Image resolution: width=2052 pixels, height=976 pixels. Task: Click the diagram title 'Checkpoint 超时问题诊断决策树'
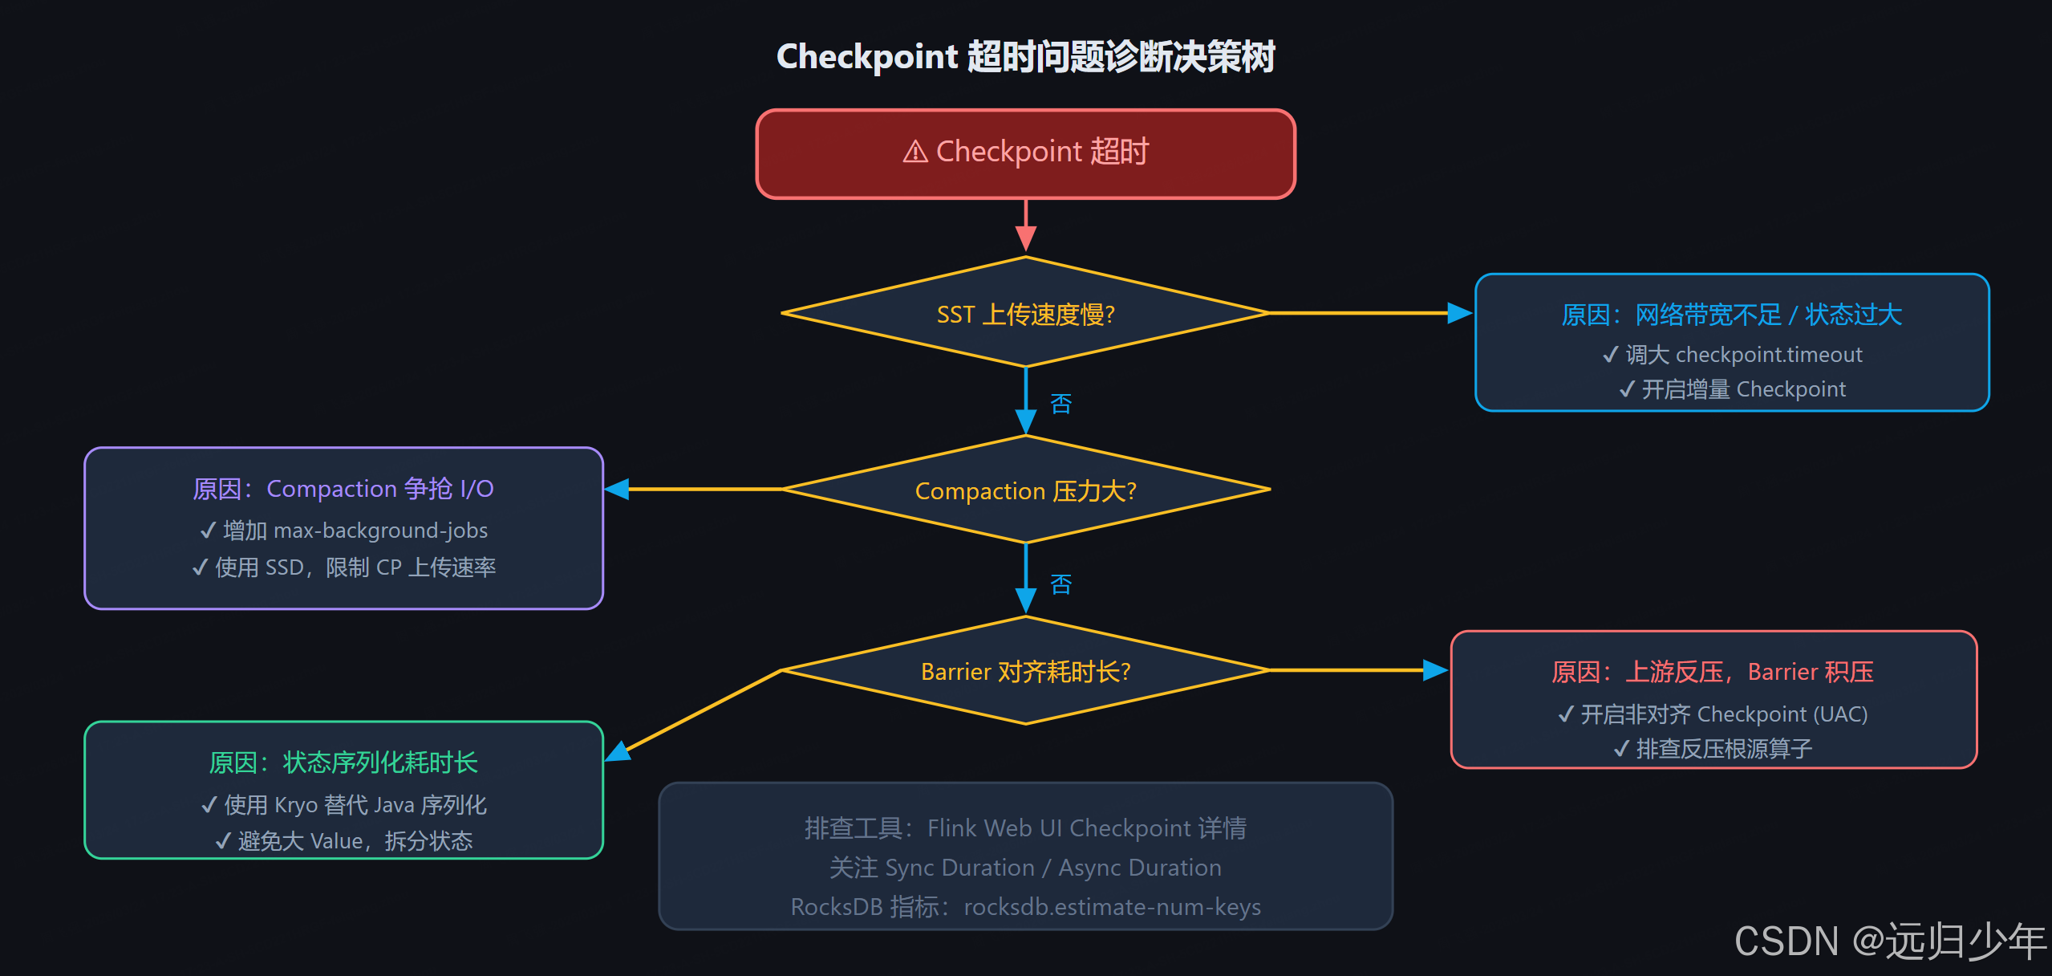coord(1025,57)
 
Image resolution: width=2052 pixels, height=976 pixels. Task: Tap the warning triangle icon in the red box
coord(915,152)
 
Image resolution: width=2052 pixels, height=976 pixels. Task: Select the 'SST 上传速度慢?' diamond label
coord(1025,315)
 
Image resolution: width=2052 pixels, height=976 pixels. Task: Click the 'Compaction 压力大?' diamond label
coord(1025,490)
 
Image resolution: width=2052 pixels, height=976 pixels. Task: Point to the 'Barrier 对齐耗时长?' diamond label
coord(1025,671)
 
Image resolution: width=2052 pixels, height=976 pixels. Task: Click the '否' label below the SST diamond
coord(1060,404)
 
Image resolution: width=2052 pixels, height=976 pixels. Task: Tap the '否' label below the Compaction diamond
coord(1060,584)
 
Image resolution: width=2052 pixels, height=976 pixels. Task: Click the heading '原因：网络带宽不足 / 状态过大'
coord(1731,315)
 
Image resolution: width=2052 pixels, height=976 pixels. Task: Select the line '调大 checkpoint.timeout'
coord(1733,355)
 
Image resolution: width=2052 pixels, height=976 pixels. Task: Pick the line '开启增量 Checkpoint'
coord(1733,389)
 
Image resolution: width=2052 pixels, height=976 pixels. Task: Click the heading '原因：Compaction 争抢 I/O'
coord(343,489)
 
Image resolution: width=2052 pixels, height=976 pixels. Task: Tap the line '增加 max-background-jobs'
coord(344,531)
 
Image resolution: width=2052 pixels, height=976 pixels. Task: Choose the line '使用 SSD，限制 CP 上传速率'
coord(344,567)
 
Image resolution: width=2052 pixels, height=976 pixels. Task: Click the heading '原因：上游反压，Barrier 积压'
coord(1713,672)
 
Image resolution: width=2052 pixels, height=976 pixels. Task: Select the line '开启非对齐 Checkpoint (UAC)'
coord(1713,714)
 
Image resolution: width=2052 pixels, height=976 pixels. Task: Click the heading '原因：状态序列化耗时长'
coord(343,762)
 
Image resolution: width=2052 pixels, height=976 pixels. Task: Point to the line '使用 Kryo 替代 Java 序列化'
coord(344,805)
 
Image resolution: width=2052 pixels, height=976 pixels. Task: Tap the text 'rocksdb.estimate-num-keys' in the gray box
coord(1112,907)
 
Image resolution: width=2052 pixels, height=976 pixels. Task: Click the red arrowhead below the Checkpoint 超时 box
coord(1025,238)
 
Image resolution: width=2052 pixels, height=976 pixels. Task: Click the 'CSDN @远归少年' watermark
coord(1889,941)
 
